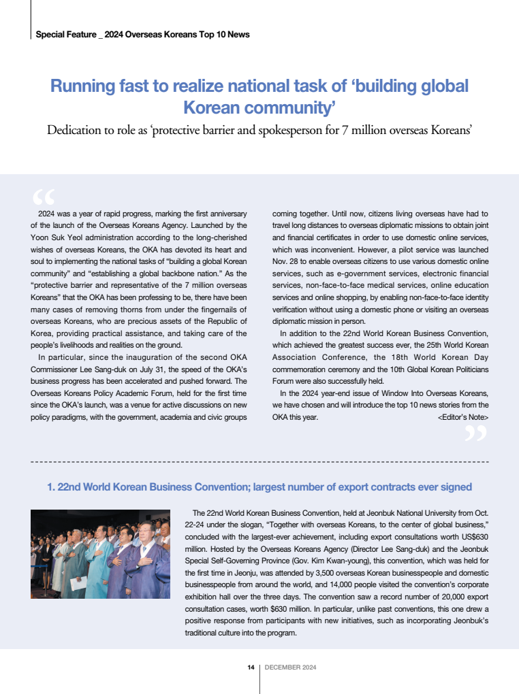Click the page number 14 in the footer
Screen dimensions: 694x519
[251, 667]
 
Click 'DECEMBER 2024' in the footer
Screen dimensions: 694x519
[290, 667]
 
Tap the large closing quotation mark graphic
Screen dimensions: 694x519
[475, 433]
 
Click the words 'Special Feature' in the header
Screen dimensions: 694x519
[65, 35]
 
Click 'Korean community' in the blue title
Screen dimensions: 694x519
[259, 108]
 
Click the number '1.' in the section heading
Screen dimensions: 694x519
[50, 487]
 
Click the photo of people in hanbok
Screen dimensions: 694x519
[100, 555]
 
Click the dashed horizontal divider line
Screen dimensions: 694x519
[259, 462]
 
